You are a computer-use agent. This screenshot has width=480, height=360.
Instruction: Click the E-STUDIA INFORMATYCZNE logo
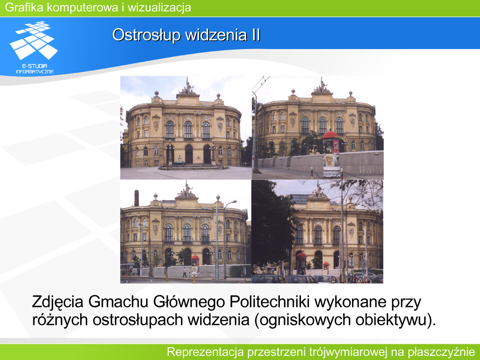(x=34, y=47)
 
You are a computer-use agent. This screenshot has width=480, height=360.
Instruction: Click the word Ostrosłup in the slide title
(x=146, y=35)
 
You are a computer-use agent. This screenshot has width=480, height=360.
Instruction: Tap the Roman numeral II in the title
(x=256, y=35)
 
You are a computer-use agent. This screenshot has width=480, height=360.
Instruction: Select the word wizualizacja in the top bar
(x=159, y=7)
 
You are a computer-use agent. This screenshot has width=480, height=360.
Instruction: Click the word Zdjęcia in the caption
(x=58, y=302)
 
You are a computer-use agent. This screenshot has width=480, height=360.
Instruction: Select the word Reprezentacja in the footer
(x=205, y=352)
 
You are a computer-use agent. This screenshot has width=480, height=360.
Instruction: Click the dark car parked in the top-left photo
(x=180, y=163)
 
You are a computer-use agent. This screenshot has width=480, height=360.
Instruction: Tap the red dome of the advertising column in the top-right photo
(x=330, y=135)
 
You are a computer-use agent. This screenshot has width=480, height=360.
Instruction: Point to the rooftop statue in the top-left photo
(x=187, y=86)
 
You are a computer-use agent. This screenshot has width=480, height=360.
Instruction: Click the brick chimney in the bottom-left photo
(x=136, y=198)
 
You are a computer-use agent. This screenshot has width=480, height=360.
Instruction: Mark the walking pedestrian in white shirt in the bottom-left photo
(x=184, y=272)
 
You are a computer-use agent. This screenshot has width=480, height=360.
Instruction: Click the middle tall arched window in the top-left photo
(x=188, y=129)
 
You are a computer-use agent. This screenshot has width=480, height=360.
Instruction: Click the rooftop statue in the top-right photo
(x=322, y=85)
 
